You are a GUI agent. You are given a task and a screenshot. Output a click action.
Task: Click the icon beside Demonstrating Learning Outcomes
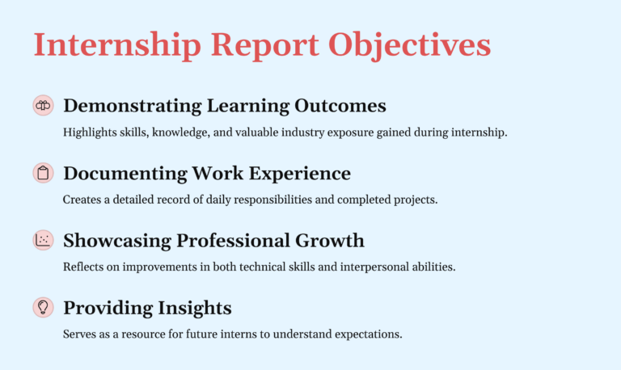(x=43, y=105)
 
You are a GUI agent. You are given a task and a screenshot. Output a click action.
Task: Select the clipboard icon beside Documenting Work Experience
(x=43, y=173)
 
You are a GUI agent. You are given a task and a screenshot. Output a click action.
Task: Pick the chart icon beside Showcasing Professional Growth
(x=43, y=240)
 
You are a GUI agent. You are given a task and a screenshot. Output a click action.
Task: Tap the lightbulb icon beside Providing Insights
(x=43, y=308)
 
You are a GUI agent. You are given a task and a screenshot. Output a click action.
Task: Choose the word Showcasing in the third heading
(x=116, y=241)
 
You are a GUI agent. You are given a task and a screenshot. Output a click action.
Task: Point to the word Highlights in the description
(x=85, y=132)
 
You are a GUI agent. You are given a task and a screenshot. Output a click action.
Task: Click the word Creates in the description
(x=79, y=200)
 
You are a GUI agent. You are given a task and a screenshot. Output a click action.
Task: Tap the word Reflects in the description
(x=82, y=267)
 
